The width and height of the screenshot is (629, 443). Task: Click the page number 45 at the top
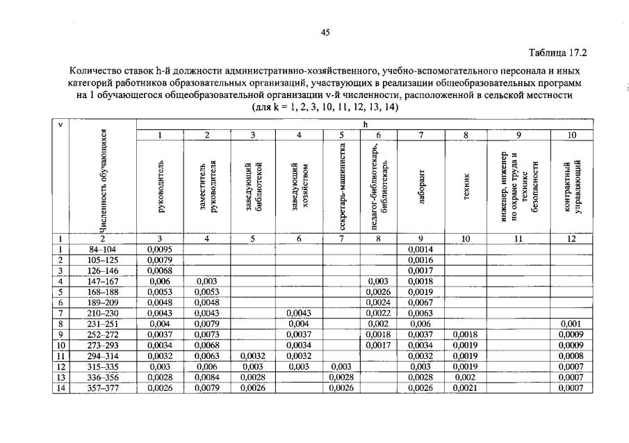click(325, 31)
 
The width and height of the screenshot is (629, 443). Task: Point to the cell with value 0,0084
click(206, 377)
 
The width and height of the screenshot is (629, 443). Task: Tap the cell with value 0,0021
click(465, 387)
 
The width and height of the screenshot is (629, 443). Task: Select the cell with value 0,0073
click(206, 335)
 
